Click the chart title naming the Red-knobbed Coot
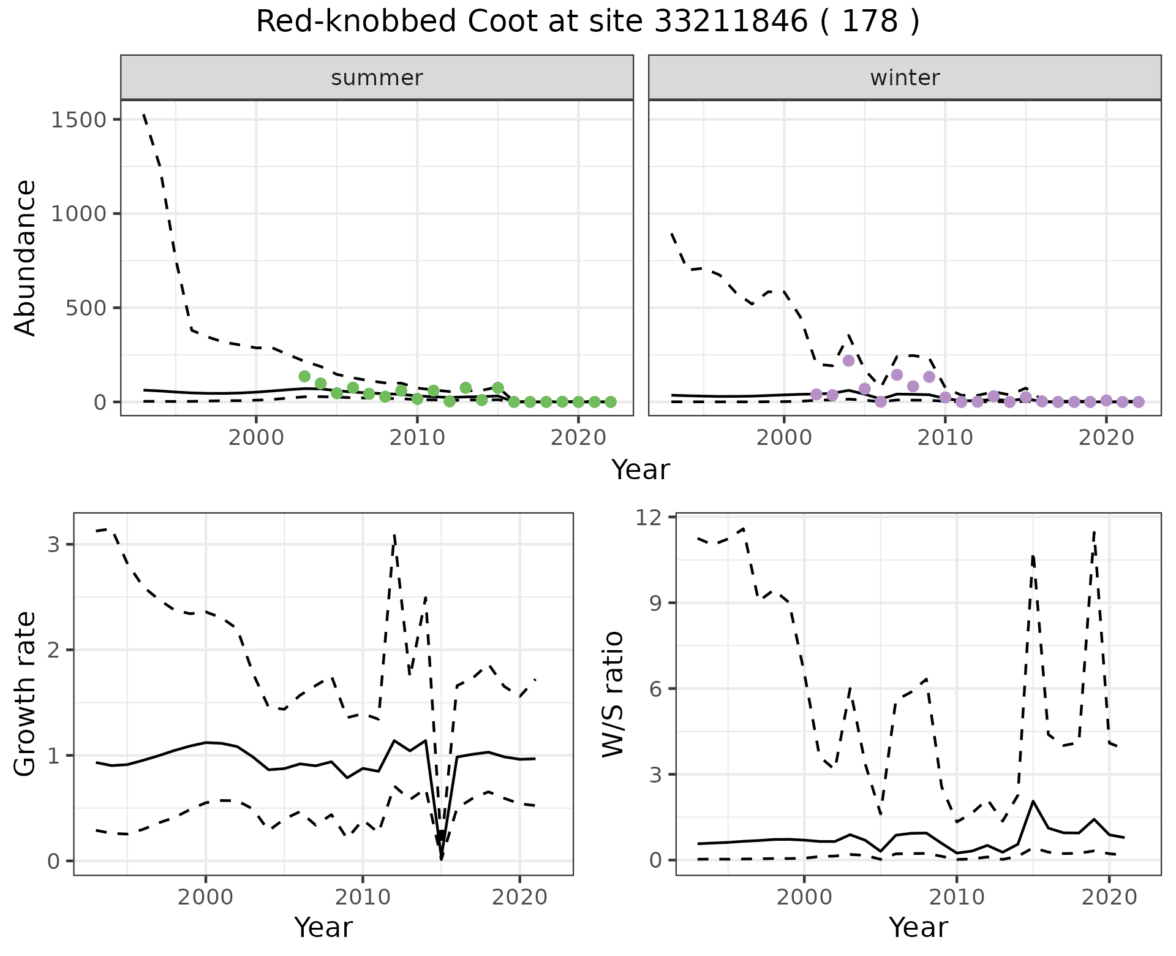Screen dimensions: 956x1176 (x=587, y=22)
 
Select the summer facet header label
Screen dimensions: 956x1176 (x=377, y=78)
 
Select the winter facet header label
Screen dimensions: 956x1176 (x=905, y=78)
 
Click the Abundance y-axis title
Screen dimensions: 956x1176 (x=26, y=257)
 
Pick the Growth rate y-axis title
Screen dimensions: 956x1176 (x=26, y=694)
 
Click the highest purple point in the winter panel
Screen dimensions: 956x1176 (x=848, y=360)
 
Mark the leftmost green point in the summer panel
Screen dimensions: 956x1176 (x=304, y=376)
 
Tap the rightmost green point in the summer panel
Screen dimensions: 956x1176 (x=610, y=402)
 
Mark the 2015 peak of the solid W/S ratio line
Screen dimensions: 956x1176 (x=1033, y=801)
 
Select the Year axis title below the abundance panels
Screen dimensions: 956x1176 (x=641, y=470)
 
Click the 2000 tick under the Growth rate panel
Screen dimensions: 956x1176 (x=206, y=897)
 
